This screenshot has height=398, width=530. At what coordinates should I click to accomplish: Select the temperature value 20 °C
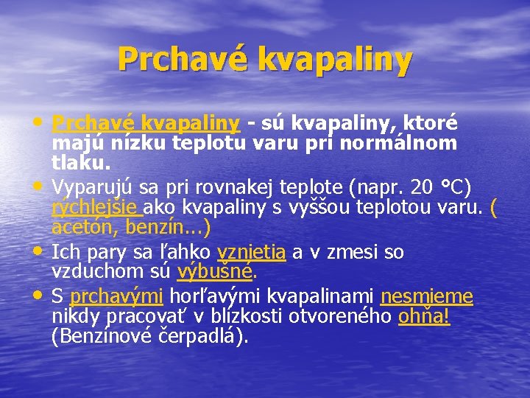point(438,184)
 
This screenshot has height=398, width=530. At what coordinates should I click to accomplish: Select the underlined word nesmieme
point(426,296)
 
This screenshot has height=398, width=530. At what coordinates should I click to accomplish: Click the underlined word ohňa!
point(424,317)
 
